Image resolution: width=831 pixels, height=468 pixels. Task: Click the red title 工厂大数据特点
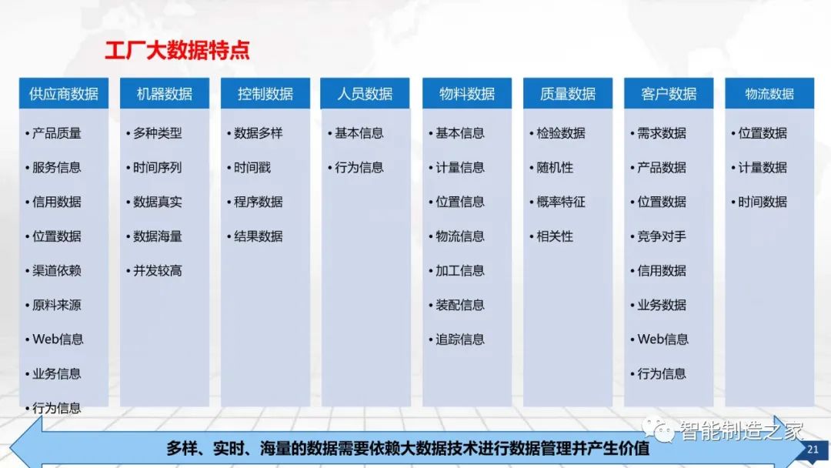click(x=177, y=52)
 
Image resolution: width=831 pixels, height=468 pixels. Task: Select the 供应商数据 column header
click(x=64, y=94)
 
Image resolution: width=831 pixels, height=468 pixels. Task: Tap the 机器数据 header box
click(x=165, y=94)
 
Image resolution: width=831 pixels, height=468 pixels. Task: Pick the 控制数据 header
click(x=265, y=94)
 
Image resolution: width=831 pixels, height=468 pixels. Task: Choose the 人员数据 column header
click(x=365, y=94)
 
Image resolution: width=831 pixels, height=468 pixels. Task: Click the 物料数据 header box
click(x=467, y=94)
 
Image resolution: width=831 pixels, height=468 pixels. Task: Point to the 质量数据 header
click(x=568, y=94)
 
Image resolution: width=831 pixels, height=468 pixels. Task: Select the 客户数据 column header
click(x=669, y=94)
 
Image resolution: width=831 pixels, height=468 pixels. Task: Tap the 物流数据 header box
click(x=769, y=94)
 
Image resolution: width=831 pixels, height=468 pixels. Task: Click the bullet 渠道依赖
click(x=56, y=271)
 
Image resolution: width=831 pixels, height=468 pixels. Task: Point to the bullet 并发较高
click(x=157, y=271)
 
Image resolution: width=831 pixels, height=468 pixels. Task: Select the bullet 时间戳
click(x=252, y=167)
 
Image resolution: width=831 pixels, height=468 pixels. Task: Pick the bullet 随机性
click(x=555, y=167)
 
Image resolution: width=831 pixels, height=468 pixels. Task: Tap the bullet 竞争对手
click(x=662, y=236)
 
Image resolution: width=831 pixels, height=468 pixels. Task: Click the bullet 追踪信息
click(x=460, y=339)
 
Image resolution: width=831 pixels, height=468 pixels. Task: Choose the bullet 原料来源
click(x=56, y=305)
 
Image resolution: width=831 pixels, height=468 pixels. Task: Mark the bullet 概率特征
click(x=561, y=202)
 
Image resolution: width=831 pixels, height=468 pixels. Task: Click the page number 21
click(x=813, y=450)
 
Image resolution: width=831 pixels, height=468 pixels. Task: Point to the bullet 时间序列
click(x=157, y=167)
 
